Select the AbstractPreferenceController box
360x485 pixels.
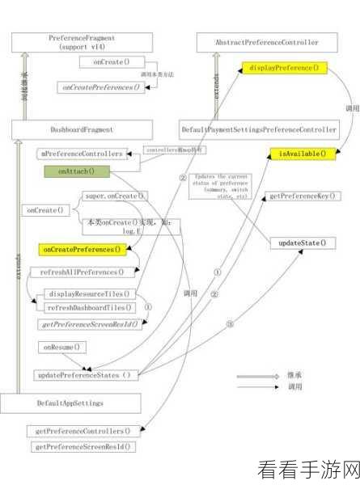266,42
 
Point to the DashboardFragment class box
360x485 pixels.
81,129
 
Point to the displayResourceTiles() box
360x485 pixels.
89,294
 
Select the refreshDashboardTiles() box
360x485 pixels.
89,308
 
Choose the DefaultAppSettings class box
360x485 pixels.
70,402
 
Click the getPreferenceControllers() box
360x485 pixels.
84,432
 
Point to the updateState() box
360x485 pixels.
302,242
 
